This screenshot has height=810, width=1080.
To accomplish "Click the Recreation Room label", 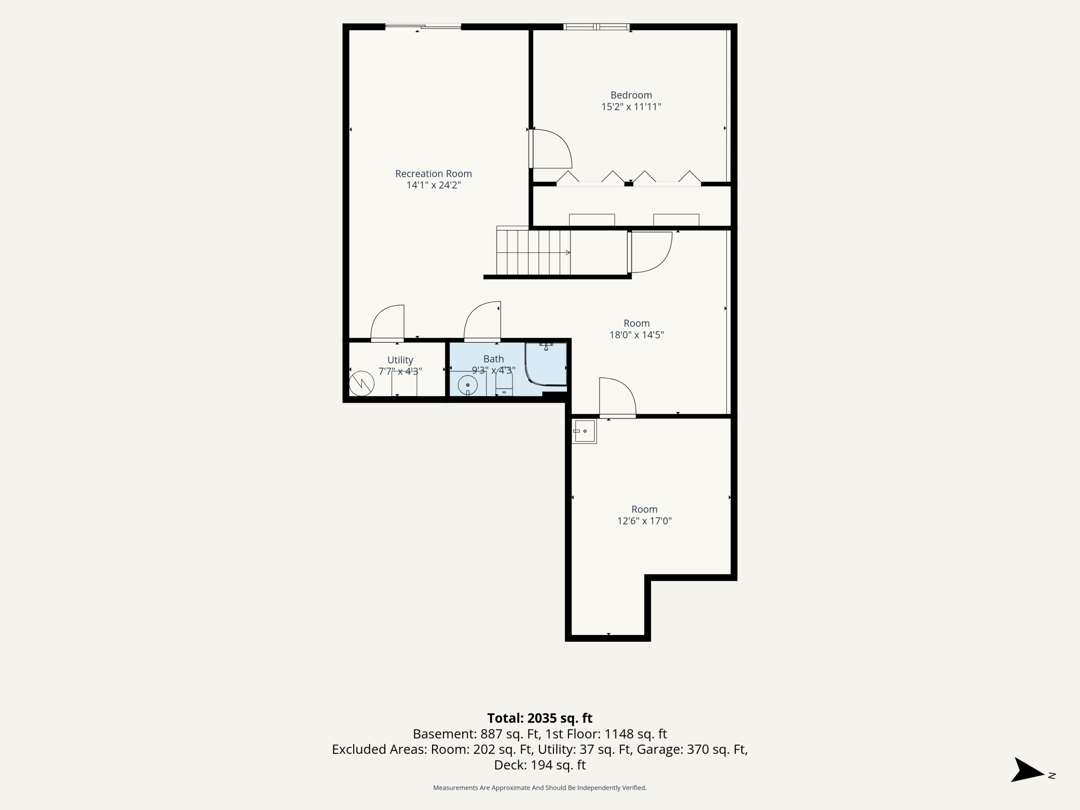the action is click(434, 174).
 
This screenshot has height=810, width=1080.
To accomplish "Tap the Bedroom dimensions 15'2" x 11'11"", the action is click(631, 107).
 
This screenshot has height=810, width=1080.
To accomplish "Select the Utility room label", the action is click(400, 360).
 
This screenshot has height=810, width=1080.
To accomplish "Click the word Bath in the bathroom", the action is click(494, 359).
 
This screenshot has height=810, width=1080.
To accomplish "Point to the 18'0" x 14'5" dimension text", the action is click(637, 335).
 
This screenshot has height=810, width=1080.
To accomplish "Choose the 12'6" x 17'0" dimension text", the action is click(644, 521).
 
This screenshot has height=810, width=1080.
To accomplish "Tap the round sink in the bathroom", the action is click(468, 385).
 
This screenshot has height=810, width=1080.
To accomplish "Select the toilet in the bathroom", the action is click(504, 385).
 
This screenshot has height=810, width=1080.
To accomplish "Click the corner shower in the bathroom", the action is click(546, 363).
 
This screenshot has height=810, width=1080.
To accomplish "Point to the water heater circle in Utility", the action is click(361, 384).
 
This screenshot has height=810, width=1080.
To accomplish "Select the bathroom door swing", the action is click(482, 321).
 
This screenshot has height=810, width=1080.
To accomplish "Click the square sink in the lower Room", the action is click(584, 431).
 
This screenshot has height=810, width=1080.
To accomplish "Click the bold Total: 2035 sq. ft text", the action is click(540, 718).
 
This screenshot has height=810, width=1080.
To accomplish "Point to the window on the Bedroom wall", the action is click(597, 26).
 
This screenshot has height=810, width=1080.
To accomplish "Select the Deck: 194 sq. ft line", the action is click(540, 765).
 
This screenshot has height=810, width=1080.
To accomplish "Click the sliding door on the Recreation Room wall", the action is click(423, 26).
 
